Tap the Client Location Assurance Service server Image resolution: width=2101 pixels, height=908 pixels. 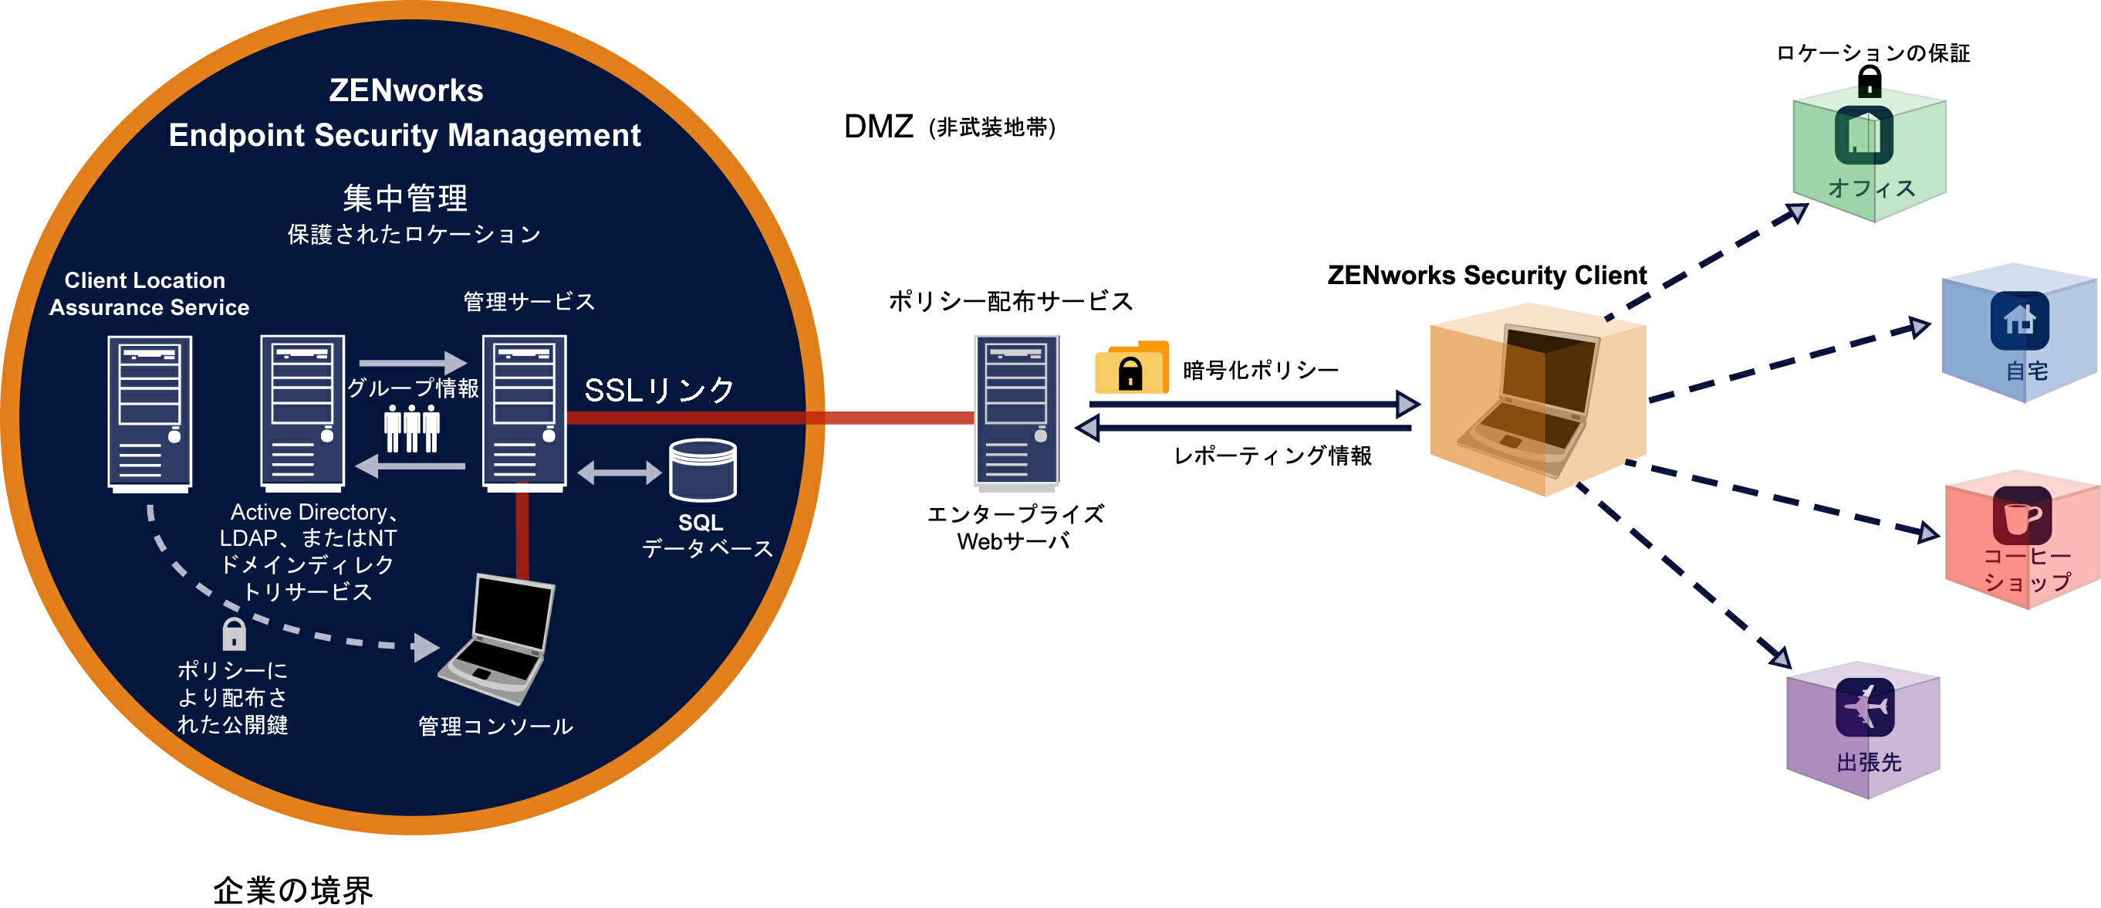click(x=150, y=413)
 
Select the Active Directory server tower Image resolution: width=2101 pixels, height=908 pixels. click(x=302, y=413)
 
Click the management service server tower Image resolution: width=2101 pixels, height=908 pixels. click(x=525, y=413)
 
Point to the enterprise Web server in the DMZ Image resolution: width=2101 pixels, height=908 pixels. click(x=1016, y=413)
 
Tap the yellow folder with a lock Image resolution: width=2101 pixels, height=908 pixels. click(x=1131, y=368)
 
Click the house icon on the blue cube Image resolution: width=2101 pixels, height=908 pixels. click(x=2019, y=319)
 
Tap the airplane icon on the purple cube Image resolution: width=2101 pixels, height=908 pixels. click(x=1866, y=706)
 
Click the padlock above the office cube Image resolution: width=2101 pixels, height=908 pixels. click(x=1870, y=82)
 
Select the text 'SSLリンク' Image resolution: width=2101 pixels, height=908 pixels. click(x=659, y=390)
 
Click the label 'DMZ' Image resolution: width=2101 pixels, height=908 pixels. click(x=878, y=127)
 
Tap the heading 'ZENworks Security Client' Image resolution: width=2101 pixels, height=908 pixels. click(x=1487, y=276)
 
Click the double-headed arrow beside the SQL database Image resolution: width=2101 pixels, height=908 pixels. click(x=619, y=473)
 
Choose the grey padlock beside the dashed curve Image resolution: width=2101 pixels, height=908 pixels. click(x=234, y=634)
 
